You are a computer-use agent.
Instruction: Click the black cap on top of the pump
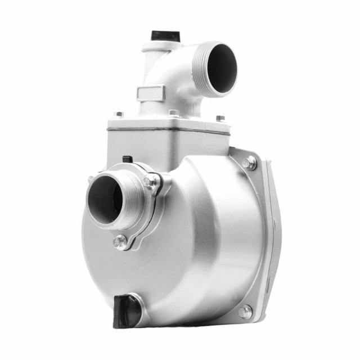coord(165,35)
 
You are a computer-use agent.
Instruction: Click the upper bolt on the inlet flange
coord(149,181)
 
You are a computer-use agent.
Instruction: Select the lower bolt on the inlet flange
coord(120,242)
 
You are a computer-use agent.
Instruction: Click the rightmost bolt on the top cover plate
coord(220,119)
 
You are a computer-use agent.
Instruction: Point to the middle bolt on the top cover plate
coord(174,113)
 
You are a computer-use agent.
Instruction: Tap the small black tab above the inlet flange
coord(128,159)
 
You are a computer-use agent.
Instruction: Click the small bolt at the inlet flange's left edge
coord(91,179)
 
